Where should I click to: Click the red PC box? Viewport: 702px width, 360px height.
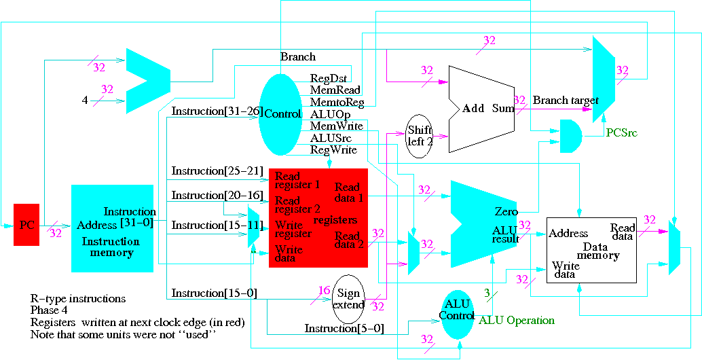tap(26, 224)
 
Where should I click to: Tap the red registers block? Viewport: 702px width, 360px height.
tap(318, 217)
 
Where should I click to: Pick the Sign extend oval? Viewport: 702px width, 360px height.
tap(348, 299)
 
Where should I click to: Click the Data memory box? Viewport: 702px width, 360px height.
tap(591, 250)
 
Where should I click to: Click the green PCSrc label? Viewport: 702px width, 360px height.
tap(623, 133)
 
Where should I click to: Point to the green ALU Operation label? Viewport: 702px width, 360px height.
tap(517, 320)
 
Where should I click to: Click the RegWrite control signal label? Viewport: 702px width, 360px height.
tap(333, 149)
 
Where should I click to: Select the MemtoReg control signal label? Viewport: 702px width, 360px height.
tap(337, 103)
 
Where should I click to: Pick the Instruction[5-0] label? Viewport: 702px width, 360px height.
tap(344, 329)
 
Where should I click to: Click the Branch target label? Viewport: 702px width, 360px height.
tap(566, 101)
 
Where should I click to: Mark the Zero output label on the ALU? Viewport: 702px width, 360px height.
tap(506, 212)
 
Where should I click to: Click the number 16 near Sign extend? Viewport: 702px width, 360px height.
tap(324, 291)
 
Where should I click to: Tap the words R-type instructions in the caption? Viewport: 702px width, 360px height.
tap(78, 299)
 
